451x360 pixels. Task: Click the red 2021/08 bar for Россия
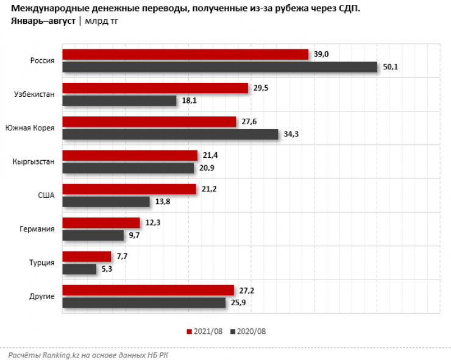tap(185, 55)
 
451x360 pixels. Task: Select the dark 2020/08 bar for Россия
tap(220, 67)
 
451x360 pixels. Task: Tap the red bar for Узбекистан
tap(155, 88)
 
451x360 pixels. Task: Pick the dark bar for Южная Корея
tap(170, 134)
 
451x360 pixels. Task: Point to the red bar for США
tap(129, 189)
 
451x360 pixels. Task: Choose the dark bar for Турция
tap(79, 269)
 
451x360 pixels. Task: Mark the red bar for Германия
tap(101, 223)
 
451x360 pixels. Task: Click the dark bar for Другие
tap(144, 302)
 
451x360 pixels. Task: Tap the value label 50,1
tap(390, 67)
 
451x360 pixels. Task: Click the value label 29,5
tap(261, 88)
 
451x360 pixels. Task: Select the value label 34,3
tap(291, 134)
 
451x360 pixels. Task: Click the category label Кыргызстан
tap(34, 162)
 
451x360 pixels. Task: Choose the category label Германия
tap(38, 229)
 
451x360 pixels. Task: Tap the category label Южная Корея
tap(30, 129)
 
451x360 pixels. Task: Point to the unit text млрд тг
tap(101, 21)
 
